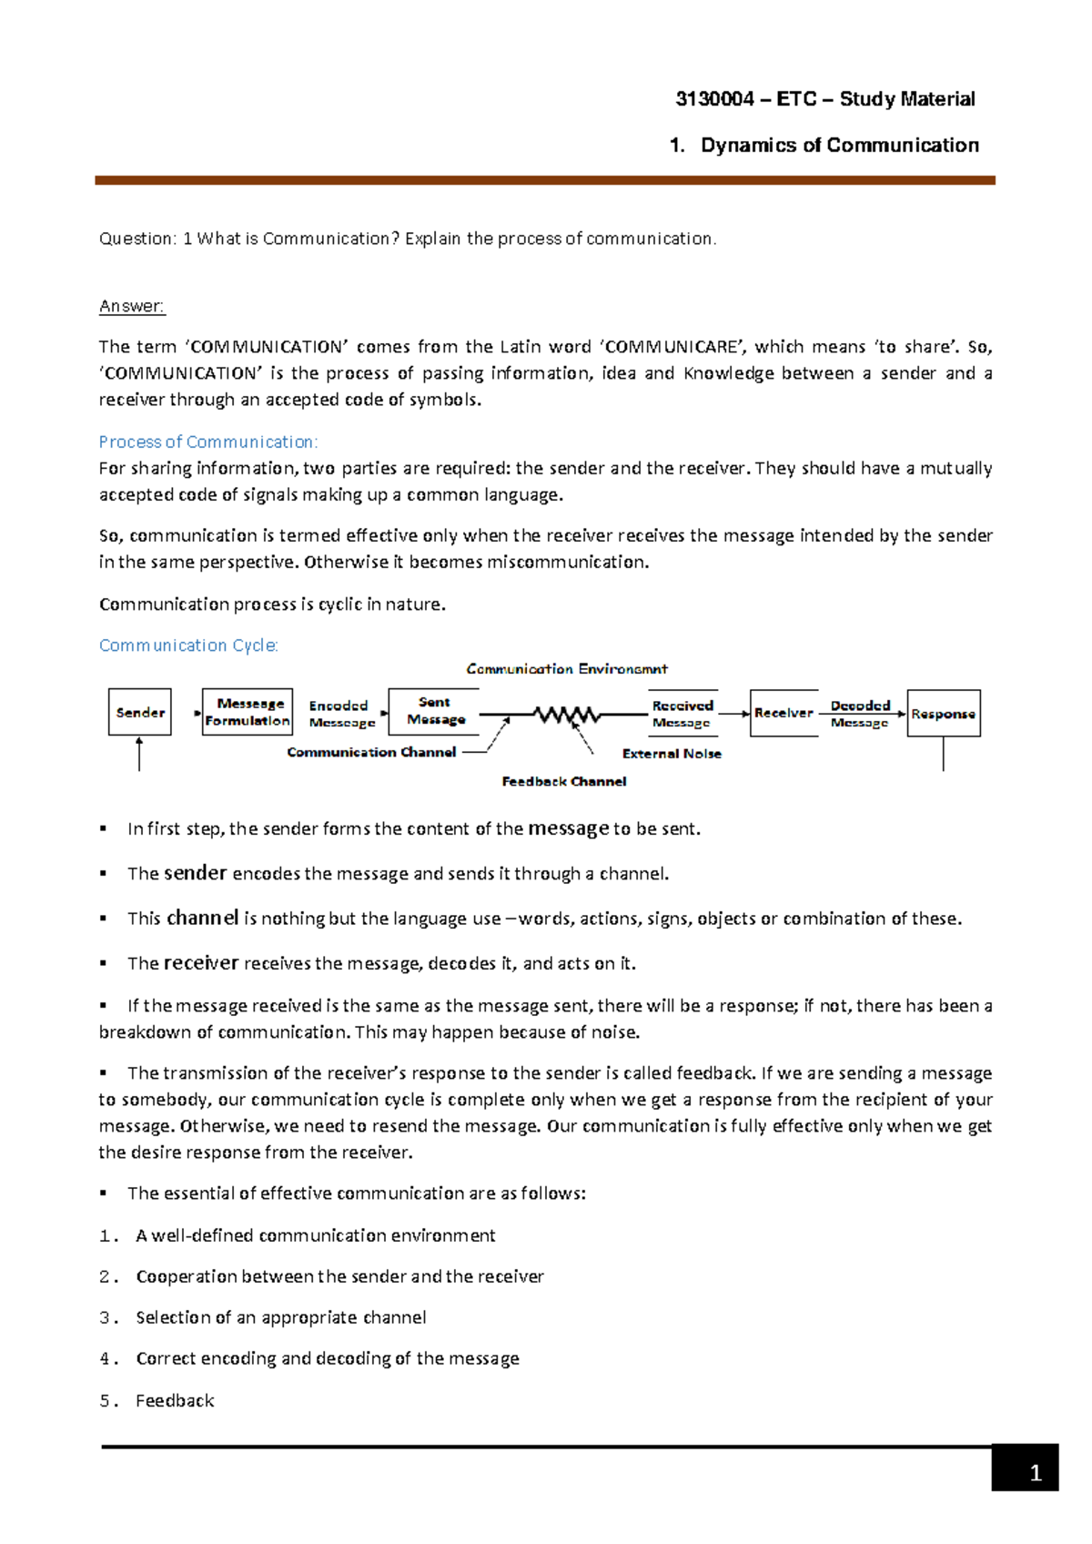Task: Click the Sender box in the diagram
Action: click(x=140, y=712)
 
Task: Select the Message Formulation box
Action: click(x=248, y=712)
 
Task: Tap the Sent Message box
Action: click(x=436, y=711)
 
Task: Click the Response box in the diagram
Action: click(x=943, y=714)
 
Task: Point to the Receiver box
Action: click(x=784, y=713)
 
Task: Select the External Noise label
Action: click(x=672, y=754)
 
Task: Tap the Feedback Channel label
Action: click(x=563, y=781)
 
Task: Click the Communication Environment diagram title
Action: click(x=567, y=669)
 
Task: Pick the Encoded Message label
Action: click(x=341, y=714)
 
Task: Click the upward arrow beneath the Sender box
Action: click(x=139, y=755)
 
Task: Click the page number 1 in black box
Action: click(x=1035, y=1474)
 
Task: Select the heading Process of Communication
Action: click(x=208, y=442)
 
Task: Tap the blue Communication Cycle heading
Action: click(x=188, y=645)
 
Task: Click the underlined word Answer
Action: click(x=132, y=307)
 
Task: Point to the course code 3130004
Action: click(x=714, y=99)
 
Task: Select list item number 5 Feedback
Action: click(x=174, y=1401)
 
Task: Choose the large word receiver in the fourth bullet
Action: click(x=201, y=963)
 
